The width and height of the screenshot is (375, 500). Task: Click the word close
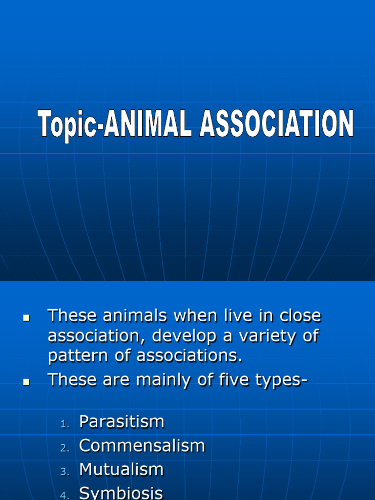pyautogui.click(x=300, y=316)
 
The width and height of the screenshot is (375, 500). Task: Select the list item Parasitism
pyautogui.click(x=122, y=422)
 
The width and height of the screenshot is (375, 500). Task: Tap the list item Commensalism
pyautogui.click(x=142, y=446)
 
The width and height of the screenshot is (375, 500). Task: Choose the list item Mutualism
pyautogui.click(x=121, y=470)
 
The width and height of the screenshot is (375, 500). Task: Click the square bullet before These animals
pyautogui.click(x=27, y=318)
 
